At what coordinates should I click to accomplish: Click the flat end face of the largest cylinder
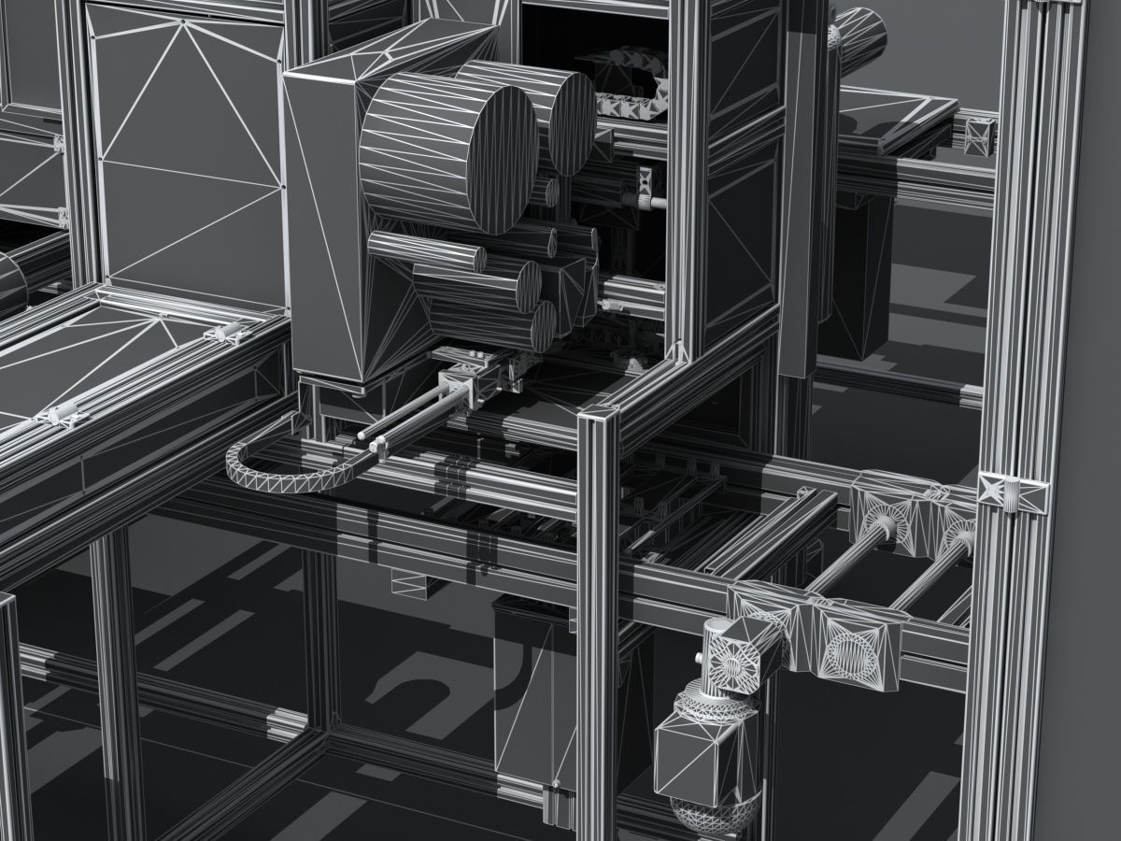point(488,159)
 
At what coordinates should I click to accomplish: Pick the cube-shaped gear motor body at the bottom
point(696,757)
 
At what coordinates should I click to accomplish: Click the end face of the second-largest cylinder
point(572,121)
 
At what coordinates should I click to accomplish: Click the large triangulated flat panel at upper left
point(187,150)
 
